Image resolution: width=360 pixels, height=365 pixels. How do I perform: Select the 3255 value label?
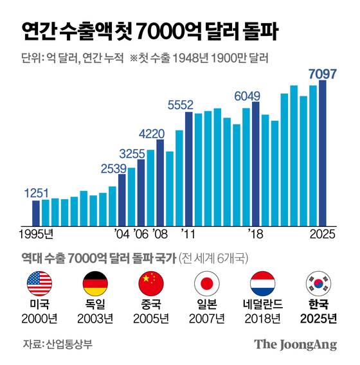(x=132, y=154)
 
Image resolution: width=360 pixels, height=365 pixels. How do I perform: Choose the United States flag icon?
(x=39, y=282)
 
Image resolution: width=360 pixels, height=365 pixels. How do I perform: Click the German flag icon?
(x=95, y=282)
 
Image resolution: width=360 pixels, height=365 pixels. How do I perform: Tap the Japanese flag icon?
(x=207, y=282)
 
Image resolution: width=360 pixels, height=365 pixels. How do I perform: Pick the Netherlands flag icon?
(x=263, y=282)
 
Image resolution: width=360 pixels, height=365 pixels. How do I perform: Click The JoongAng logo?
(x=295, y=344)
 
